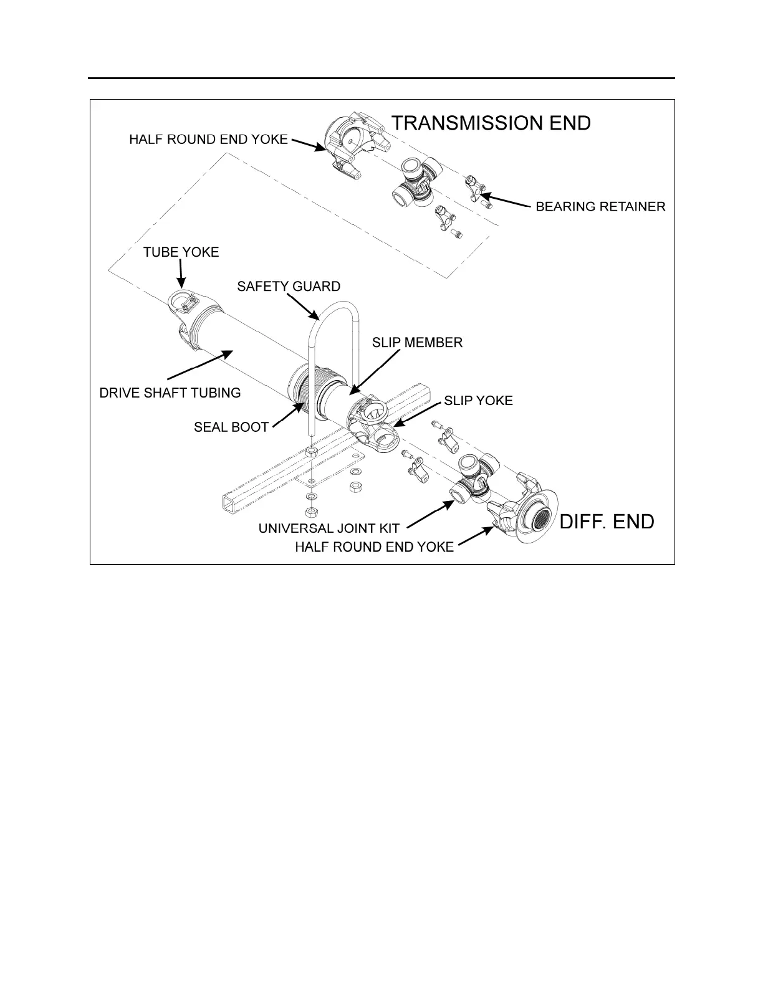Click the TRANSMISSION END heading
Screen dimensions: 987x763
(491, 123)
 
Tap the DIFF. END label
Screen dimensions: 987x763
(607, 522)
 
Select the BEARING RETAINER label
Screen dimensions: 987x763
(600, 206)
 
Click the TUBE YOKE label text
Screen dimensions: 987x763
(181, 252)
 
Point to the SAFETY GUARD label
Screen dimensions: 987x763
(289, 287)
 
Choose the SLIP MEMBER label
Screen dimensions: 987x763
(417, 343)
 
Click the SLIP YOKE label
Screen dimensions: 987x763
(478, 401)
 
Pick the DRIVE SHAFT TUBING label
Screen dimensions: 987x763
(170, 393)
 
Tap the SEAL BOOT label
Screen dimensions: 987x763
(231, 427)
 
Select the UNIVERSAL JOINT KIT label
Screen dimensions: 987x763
(329, 528)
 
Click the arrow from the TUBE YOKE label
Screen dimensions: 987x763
(181, 274)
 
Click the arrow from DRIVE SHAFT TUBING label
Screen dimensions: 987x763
(199, 365)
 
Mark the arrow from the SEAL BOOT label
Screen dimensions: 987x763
(290, 414)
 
